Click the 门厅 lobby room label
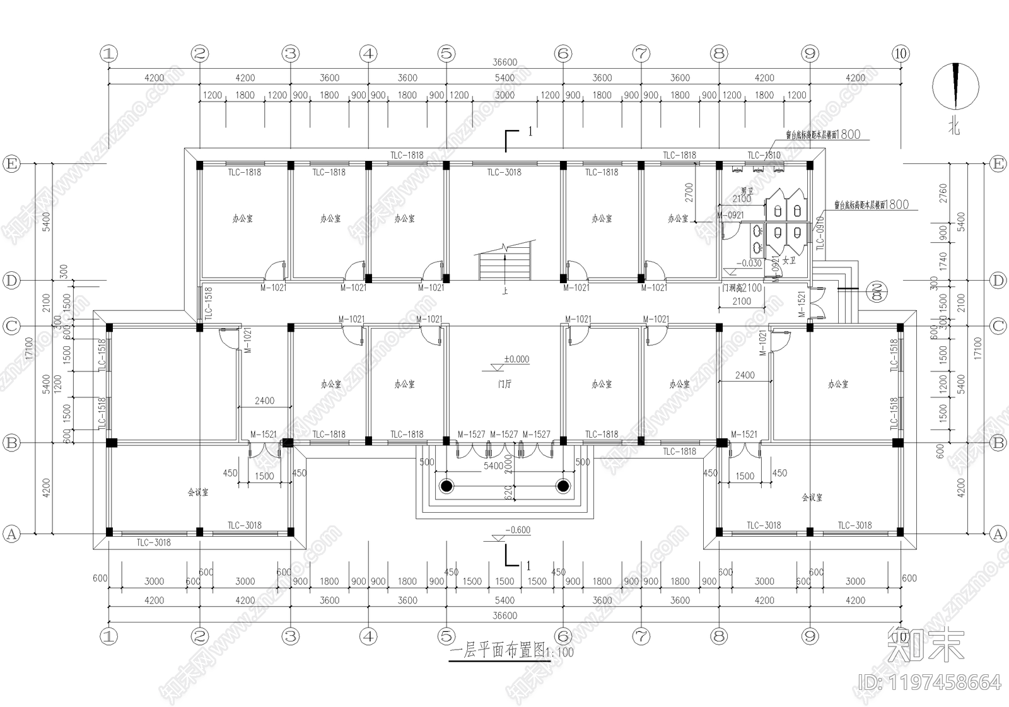click(504, 384)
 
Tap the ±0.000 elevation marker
click(516, 359)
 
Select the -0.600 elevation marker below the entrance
click(517, 530)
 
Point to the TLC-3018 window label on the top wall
click(504, 172)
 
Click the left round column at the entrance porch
click(446, 486)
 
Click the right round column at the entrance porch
click(563, 486)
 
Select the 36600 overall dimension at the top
click(504, 62)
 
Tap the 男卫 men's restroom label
click(747, 191)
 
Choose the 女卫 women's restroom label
click(789, 260)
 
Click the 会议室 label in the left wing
click(198, 493)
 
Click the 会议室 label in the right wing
click(812, 498)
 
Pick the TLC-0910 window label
click(820, 233)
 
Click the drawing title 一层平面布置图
click(498, 651)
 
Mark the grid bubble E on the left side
click(11, 164)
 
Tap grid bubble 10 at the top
click(901, 54)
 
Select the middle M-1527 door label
click(504, 435)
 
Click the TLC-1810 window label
click(764, 155)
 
